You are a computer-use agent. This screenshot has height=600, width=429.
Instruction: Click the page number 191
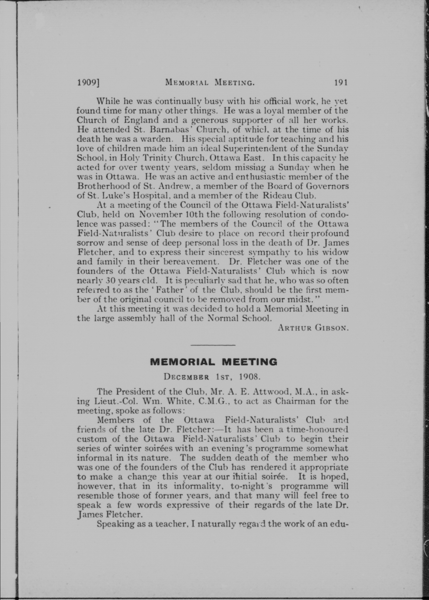pyautogui.click(x=340, y=83)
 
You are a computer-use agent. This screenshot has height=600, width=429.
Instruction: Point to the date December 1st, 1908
pyautogui.click(x=212, y=376)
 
